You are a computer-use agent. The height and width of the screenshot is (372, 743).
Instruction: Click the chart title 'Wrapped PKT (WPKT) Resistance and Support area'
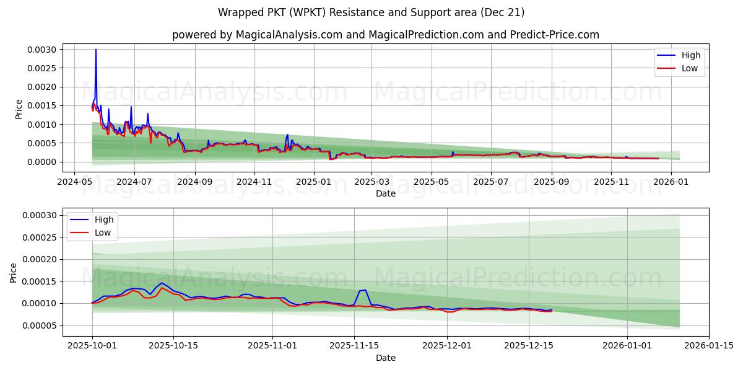371,12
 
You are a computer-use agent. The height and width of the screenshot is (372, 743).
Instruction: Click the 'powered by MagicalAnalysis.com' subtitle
257,35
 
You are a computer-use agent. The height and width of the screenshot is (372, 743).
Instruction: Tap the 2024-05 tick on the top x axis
74,182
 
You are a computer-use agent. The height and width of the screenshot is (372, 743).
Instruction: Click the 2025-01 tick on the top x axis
313,182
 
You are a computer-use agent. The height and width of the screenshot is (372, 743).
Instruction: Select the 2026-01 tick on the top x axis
671,182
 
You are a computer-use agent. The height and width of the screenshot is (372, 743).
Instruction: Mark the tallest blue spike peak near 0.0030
95,50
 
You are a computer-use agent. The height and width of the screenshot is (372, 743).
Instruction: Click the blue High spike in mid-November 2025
365,290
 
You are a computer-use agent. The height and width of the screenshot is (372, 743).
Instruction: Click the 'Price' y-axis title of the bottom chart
14,272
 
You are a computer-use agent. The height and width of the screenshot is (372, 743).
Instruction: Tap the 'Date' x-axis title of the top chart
386,193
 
